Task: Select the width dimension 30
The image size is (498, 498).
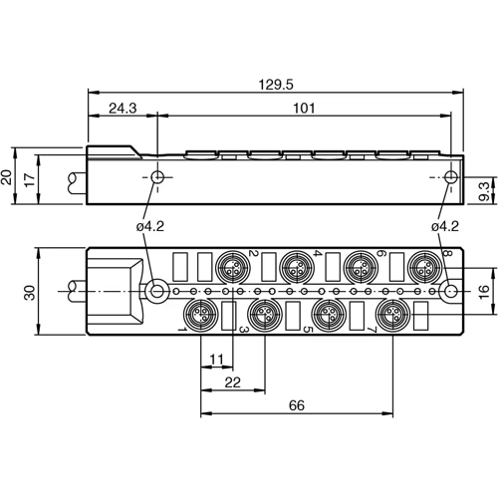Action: (29, 292)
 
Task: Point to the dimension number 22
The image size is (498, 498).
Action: (233, 381)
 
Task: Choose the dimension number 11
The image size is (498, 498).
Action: (216, 359)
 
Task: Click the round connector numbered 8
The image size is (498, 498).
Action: (429, 268)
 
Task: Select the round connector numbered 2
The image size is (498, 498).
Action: (232, 268)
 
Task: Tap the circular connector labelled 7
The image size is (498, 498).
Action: (390, 317)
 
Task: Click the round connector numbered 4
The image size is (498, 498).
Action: (295, 268)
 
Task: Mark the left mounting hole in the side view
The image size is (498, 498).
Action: (157, 178)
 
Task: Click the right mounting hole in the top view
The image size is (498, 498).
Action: (451, 292)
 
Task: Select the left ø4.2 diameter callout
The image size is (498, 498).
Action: (149, 226)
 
